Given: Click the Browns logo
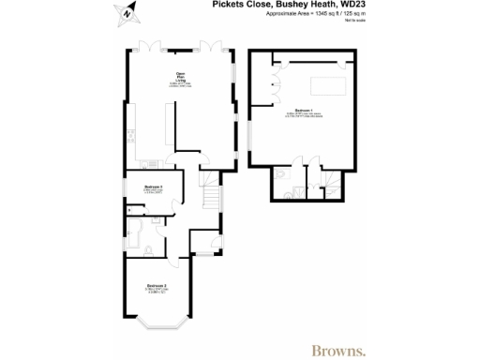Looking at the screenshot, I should click(x=339, y=325).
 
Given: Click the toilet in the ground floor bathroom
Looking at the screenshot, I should click(x=150, y=248).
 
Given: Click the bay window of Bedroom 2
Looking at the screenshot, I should click(x=156, y=324).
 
